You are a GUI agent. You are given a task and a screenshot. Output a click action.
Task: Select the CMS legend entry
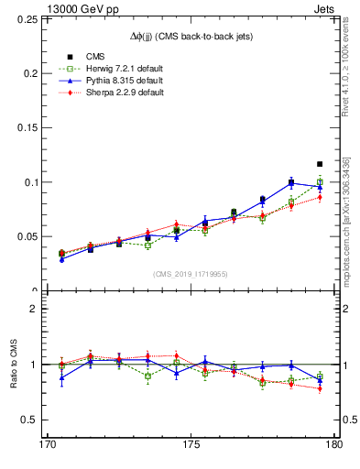(x=82, y=57)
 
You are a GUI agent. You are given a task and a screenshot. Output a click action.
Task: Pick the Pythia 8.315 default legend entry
(x=111, y=81)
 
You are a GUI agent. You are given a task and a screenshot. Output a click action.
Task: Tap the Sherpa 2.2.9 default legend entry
(x=111, y=93)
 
